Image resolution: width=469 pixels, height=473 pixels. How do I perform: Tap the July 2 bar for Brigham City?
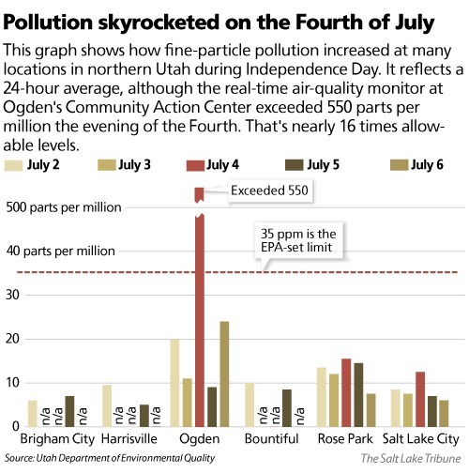coord(33,413)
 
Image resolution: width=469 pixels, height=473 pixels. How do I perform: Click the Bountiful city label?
coord(271,438)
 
